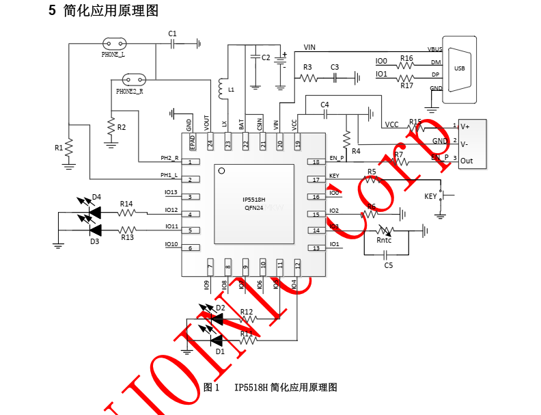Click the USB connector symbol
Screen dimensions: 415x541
459,68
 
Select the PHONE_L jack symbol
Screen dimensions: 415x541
114,44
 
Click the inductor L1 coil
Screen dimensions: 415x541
221,88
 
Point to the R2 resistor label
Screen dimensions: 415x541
122,127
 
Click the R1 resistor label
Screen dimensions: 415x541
59,147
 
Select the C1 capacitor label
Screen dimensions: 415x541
172,34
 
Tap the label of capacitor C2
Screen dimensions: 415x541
266,57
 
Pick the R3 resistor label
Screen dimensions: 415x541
307,67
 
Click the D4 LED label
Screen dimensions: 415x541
96,197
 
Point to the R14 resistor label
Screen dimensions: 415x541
126,204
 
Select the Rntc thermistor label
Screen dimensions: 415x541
384,240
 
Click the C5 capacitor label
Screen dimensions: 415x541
388,265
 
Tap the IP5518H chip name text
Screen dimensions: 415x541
253,200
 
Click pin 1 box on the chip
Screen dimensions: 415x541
194,162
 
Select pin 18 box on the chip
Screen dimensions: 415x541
316,162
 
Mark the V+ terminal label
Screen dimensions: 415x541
465,126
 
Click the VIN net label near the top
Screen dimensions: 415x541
309,47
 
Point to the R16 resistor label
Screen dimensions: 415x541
406,59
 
